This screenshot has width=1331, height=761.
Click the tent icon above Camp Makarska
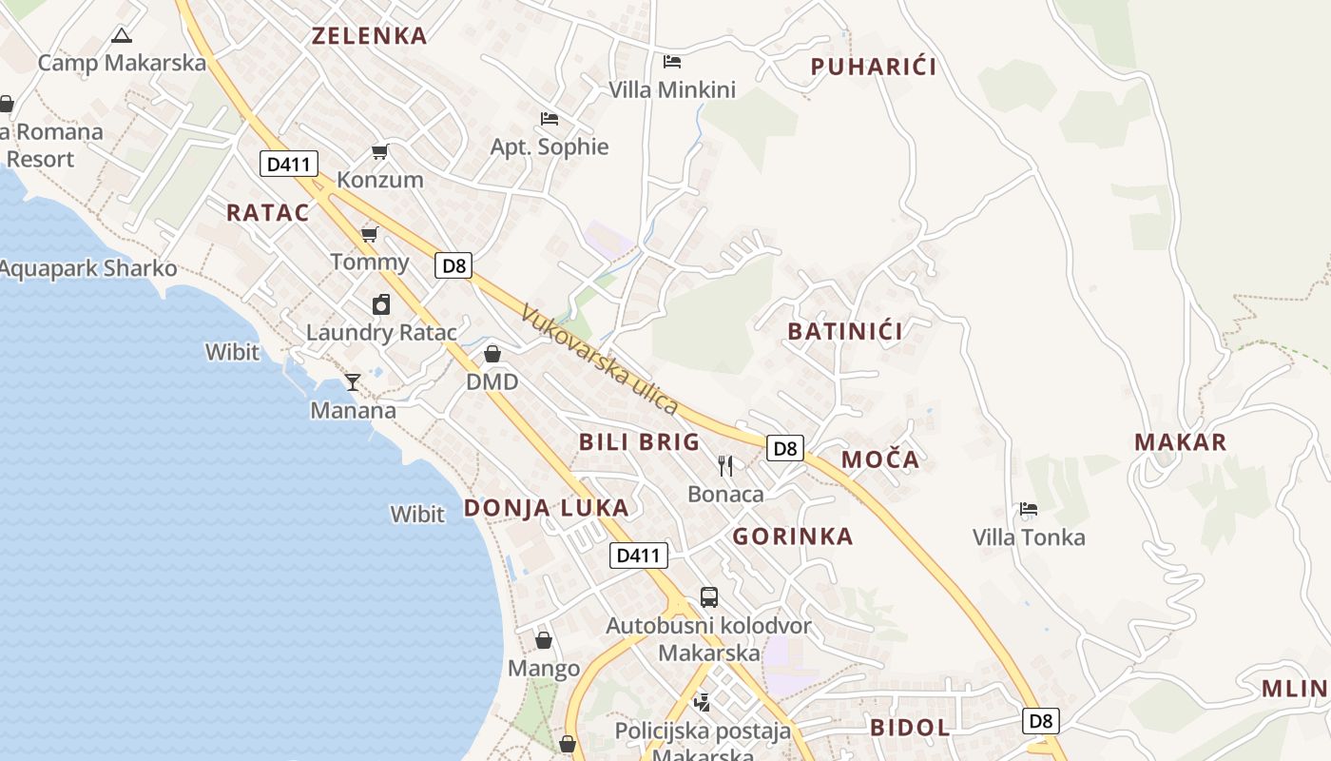(121, 36)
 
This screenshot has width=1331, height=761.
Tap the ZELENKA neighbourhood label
(370, 36)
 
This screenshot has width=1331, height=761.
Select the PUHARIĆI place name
(873, 67)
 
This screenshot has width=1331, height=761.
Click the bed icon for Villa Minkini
(672, 62)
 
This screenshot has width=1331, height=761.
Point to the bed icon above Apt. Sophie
(550, 119)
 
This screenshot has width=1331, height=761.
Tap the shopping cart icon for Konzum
(380, 151)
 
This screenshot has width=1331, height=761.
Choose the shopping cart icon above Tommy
(370, 234)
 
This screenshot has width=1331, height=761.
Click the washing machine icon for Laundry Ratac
(381, 304)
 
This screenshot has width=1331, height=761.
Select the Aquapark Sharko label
(88, 269)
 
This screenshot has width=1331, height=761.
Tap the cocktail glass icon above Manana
(353, 381)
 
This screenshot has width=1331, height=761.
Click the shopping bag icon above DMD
(492, 354)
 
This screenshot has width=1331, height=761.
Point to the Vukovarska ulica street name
(600, 360)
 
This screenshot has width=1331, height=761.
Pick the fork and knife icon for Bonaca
(725, 465)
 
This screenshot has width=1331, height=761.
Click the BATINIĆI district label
(845, 332)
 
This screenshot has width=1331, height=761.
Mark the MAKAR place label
(1180, 442)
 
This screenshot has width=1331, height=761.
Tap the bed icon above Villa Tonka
(1029, 509)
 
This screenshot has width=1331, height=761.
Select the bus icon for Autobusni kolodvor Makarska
(709, 597)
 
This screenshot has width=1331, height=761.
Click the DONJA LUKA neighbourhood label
(546, 508)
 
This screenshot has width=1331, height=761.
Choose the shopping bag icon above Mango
(544, 640)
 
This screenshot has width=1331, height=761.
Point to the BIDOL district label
(910, 728)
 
